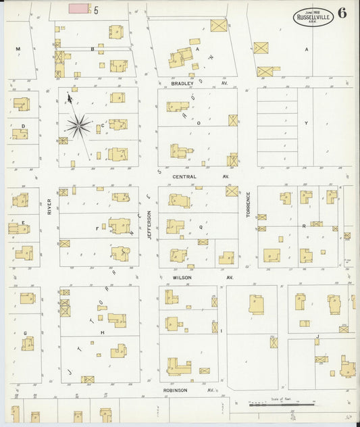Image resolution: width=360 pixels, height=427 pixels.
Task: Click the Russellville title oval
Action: pos(313,17)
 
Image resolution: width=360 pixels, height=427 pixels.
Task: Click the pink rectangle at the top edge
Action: pos(78,9)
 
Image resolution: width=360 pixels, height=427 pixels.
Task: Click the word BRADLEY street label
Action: pos(182,84)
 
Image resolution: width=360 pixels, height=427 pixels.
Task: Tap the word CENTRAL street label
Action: pos(184,176)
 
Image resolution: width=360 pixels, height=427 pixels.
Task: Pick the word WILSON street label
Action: pos(183,277)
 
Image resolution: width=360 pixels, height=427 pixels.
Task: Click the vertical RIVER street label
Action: pos(50,207)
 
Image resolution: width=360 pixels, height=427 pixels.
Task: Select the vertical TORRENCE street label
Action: pos(249,204)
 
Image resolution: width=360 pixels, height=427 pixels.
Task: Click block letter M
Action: pos(18,49)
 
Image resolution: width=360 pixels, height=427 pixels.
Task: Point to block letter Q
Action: pos(201,228)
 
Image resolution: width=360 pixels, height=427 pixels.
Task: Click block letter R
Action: pos(304,226)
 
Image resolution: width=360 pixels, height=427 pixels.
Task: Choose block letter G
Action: pos(25,333)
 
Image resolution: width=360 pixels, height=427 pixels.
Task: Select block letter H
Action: pos(103,332)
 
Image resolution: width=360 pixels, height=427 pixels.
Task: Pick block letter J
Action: pos(317,336)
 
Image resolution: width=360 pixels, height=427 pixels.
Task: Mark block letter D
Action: pos(23,126)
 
